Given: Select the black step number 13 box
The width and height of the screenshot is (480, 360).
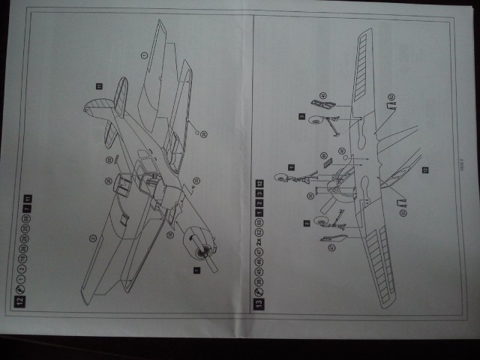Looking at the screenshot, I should coord(259,304).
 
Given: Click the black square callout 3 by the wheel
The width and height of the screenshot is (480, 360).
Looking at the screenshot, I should coord(301,117).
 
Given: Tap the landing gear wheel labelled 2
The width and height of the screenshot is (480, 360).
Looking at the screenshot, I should coord(319,222).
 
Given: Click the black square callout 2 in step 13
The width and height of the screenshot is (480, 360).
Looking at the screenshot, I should coord(307,223).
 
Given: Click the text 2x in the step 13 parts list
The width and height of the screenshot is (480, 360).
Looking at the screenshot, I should coord(259,242).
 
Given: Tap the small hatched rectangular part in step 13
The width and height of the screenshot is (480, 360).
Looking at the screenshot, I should coord(323,156).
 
